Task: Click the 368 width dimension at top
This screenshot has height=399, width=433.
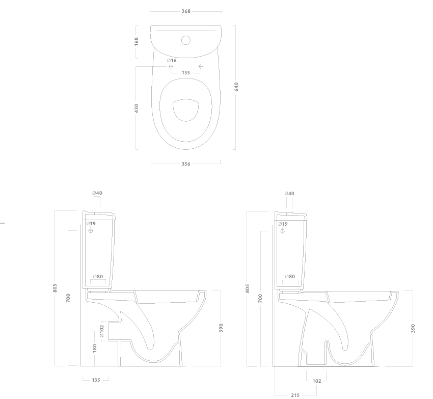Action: click(186, 11)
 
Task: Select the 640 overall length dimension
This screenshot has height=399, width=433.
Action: click(236, 87)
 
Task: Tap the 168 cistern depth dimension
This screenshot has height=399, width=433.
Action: click(137, 41)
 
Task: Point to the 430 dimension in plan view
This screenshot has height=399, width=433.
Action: click(137, 108)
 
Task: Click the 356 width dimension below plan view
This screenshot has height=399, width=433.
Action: click(186, 164)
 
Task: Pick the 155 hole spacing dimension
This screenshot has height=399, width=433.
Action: click(186, 73)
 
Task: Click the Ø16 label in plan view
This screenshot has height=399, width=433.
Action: click(172, 61)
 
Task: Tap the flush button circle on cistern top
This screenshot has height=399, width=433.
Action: click(186, 40)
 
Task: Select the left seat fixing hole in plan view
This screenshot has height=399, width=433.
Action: click(171, 66)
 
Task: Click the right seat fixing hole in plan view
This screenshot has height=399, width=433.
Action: click(201, 66)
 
